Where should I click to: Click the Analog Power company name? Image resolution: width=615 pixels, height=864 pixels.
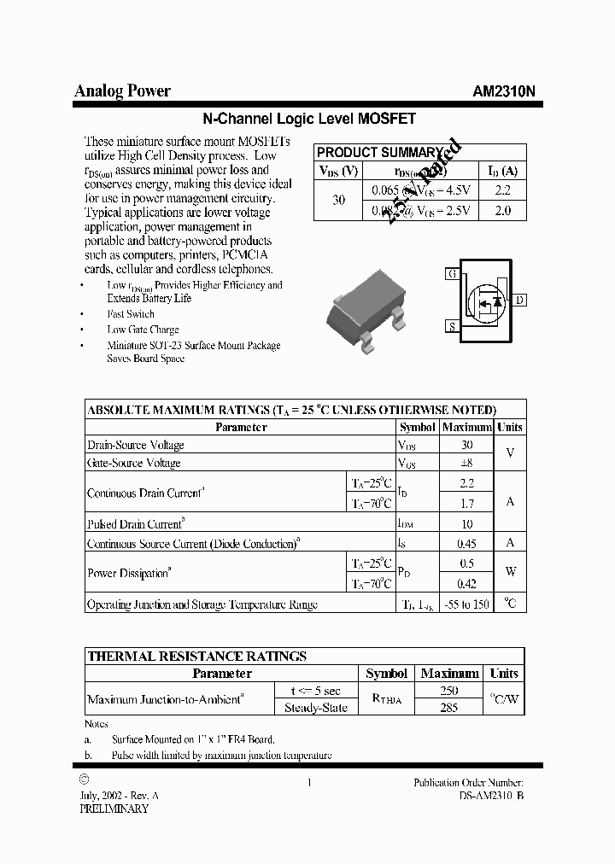pos(122,91)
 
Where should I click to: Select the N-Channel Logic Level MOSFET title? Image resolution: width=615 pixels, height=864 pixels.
pos(307,120)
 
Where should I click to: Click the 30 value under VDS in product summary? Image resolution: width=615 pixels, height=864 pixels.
pos(339,200)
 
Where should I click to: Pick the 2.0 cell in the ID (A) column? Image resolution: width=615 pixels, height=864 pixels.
pos(502,210)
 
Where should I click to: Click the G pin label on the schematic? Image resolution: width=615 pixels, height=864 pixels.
pos(452,274)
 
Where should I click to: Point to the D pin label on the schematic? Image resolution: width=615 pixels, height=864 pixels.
pos(519,300)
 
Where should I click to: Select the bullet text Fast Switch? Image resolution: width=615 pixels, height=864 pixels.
pos(131,314)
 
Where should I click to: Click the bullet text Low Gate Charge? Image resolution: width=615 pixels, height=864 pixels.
pos(143,330)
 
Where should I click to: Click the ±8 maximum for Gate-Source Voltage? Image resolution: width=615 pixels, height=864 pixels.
pos(466,463)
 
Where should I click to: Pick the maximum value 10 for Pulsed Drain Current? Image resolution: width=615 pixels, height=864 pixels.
pos(466,524)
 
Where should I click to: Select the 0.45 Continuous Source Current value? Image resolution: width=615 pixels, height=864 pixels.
pos(466,543)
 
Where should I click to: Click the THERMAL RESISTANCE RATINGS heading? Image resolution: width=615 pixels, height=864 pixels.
pos(197,657)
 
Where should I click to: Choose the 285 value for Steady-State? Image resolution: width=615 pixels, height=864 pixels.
pos(448,707)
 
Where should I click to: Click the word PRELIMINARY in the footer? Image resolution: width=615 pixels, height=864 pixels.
pos(114,808)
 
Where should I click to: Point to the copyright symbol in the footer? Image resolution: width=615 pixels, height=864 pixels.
pos(83,779)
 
